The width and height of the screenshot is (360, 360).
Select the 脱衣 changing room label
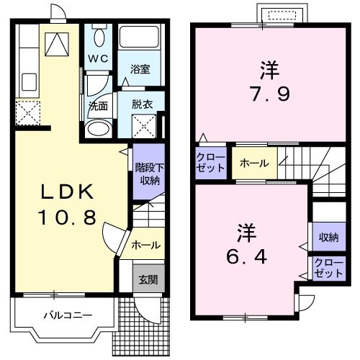tap(142, 103)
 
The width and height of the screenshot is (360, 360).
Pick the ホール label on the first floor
tap(145, 246)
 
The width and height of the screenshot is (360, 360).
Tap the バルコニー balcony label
tap(66, 315)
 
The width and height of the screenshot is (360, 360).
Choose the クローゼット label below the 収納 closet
tap(328, 269)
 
